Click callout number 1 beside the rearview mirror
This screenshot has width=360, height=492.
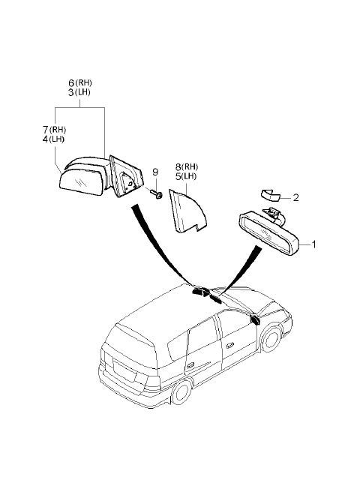(x=313, y=244)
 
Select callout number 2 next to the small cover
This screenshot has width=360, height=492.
(x=295, y=198)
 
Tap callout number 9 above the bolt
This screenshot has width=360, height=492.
(x=155, y=172)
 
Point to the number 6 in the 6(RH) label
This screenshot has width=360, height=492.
(x=71, y=83)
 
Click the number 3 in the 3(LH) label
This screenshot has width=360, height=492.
(x=71, y=92)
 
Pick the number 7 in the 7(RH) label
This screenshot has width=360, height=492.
(x=46, y=130)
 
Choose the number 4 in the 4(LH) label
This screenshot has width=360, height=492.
(x=46, y=139)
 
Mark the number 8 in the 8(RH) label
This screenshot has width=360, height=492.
(x=178, y=167)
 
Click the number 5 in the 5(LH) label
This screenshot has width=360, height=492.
(x=178, y=177)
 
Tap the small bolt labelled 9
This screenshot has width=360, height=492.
(x=157, y=193)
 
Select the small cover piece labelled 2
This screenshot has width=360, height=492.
(x=270, y=196)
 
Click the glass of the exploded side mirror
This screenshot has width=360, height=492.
(x=81, y=182)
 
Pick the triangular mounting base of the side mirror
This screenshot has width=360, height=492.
(x=125, y=176)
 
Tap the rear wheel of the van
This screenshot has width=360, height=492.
(x=182, y=392)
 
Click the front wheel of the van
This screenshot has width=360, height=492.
(x=271, y=340)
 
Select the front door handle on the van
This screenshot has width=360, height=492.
(x=229, y=345)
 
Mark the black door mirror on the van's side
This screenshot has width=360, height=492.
(x=256, y=319)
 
